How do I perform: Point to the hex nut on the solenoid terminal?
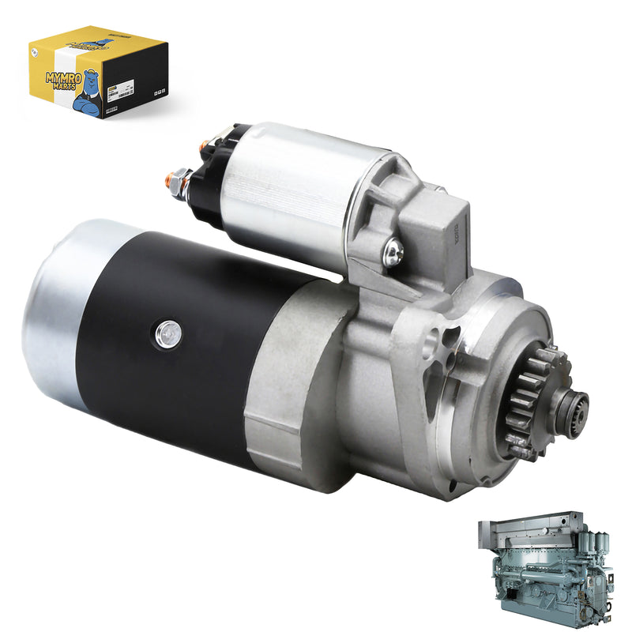(178, 175)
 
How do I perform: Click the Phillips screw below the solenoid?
(393, 252)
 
